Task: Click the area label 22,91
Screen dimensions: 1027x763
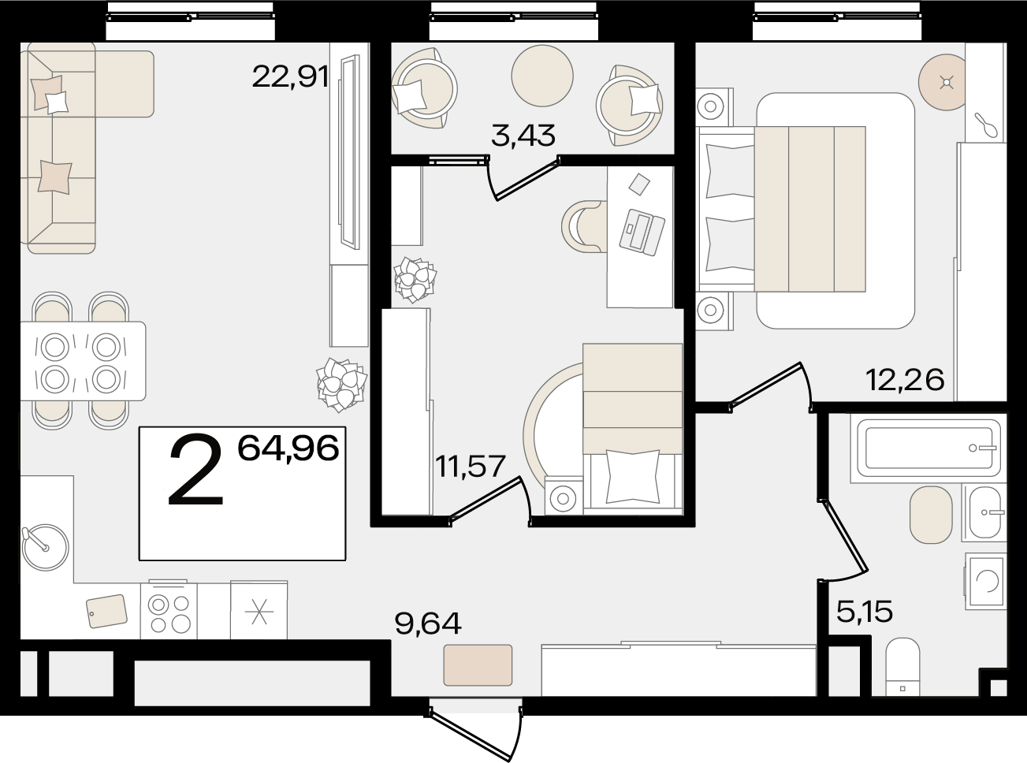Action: pyautogui.click(x=290, y=76)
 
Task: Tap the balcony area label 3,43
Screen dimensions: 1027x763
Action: pyautogui.click(x=523, y=136)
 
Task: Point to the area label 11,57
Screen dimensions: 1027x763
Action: pyautogui.click(x=471, y=466)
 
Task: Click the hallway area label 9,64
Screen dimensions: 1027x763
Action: pyautogui.click(x=428, y=623)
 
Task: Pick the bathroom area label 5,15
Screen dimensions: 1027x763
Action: pyautogui.click(x=865, y=611)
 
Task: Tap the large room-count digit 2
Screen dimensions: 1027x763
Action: pyautogui.click(x=196, y=470)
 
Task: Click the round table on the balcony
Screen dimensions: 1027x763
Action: pyautogui.click(x=542, y=76)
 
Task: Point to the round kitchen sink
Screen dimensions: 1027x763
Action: pyautogui.click(x=45, y=547)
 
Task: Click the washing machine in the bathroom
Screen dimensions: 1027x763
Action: pyautogui.click(x=986, y=580)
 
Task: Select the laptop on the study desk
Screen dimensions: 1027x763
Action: pyautogui.click(x=642, y=232)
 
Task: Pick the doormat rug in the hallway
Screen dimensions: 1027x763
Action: pyautogui.click(x=478, y=664)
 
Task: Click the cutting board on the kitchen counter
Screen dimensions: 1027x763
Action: pyautogui.click(x=107, y=611)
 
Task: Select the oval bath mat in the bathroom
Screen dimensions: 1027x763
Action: pyautogui.click(x=931, y=515)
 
